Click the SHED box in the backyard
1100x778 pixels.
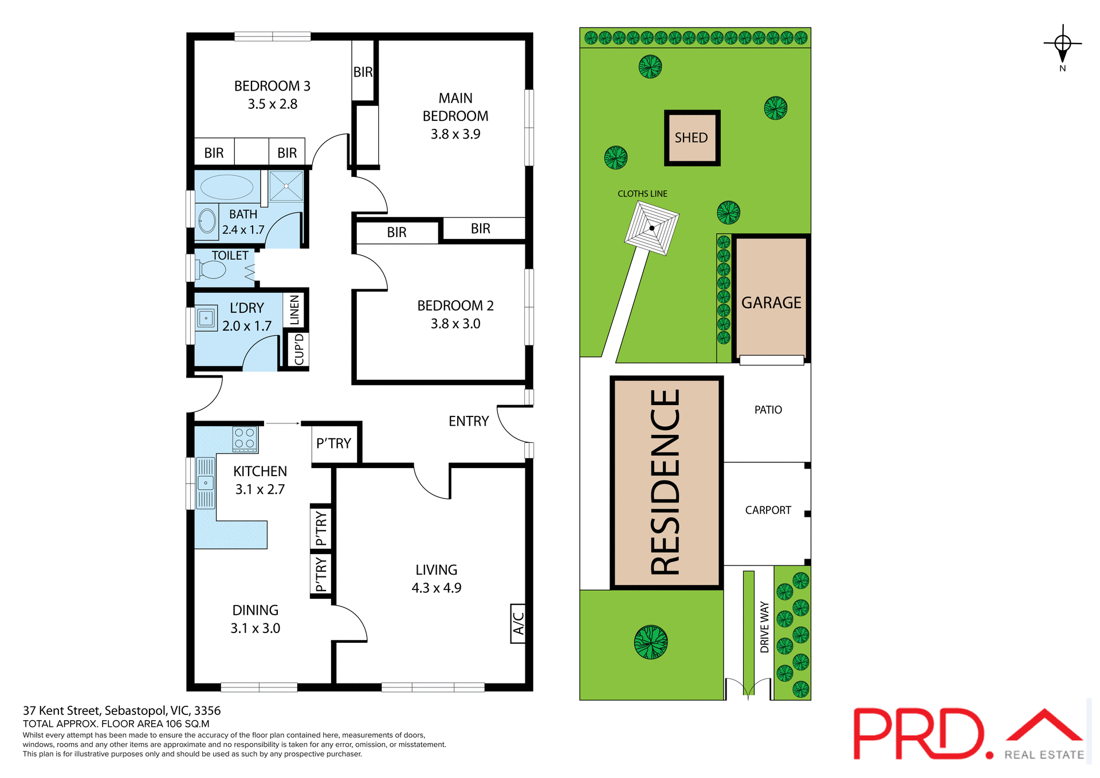pyautogui.click(x=692, y=138)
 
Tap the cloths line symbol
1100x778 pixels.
pyautogui.click(x=652, y=228)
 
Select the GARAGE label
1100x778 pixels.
pyautogui.click(x=771, y=302)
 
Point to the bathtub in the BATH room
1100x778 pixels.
pyautogui.click(x=227, y=187)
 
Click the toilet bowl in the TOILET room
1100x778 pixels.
pyautogui.click(x=212, y=269)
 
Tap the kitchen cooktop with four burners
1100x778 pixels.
pyautogui.click(x=245, y=439)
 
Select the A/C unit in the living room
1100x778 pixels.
pyautogui.click(x=518, y=623)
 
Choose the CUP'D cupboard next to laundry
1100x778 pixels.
pyautogui.click(x=298, y=349)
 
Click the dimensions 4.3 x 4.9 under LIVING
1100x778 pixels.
pyautogui.click(x=436, y=588)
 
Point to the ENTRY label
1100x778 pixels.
pyautogui.click(x=468, y=422)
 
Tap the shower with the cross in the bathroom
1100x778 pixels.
pyautogui.click(x=286, y=186)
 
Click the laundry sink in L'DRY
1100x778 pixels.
pyautogui.click(x=206, y=318)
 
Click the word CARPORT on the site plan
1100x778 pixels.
pyautogui.click(x=768, y=510)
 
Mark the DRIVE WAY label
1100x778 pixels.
pyautogui.click(x=764, y=627)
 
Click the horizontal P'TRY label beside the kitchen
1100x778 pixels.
pyautogui.click(x=333, y=443)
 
